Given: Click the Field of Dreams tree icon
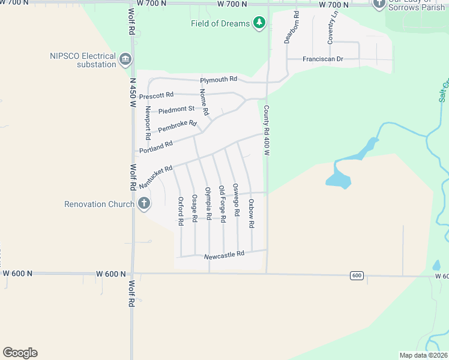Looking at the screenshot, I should pyautogui.click(x=259, y=23).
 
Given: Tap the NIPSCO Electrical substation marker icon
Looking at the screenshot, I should pyautogui.click(x=125, y=59).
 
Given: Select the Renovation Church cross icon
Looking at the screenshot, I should pyautogui.click(x=143, y=204).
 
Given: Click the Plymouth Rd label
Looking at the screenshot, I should pyautogui.click(x=218, y=79).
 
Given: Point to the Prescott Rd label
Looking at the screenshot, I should pyautogui.click(x=156, y=95).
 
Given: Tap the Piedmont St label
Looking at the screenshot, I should pyautogui.click(x=176, y=109).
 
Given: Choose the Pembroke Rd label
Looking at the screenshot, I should pyautogui.click(x=177, y=127).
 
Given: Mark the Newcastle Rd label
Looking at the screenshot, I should pyautogui.click(x=224, y=254).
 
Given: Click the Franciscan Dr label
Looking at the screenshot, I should pyautogui.click(x=322, y=59).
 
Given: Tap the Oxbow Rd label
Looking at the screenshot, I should pyautogui.click(x=252, y=213).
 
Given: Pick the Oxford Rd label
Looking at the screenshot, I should pyautogui.click(x=180, y=211).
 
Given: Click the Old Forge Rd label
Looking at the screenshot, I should pyautogui.click(x=222, y=204).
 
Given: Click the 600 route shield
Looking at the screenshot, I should pyautogui.click(x=357, y=275).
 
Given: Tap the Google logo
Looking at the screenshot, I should pyautogui.click(x=20, y=353).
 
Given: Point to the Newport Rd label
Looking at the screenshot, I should pyautogui.click(x=148, y=124).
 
